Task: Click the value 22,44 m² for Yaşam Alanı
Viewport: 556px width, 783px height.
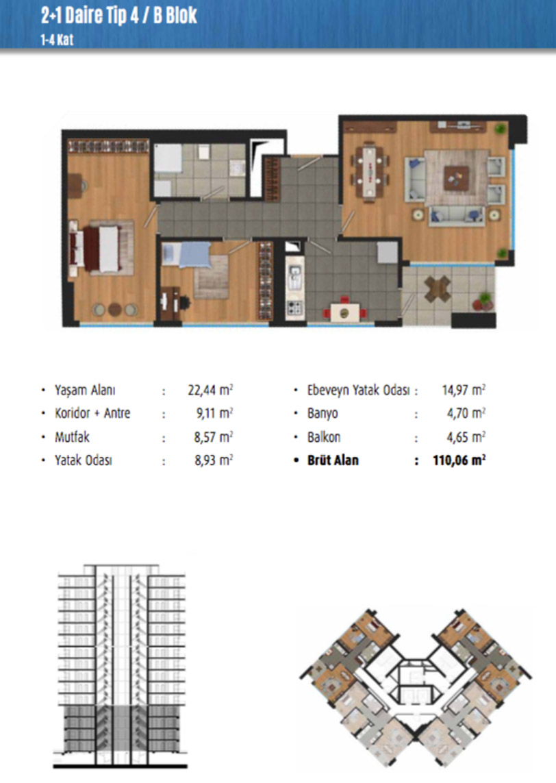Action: (210, 390)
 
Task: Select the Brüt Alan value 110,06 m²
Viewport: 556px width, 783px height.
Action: (459, 460)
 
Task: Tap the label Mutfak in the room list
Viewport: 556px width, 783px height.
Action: (72, 437)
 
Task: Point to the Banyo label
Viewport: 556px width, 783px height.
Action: (323, 413)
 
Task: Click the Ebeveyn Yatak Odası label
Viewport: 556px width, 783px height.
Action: (358, 390)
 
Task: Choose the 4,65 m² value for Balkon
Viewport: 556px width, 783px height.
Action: (466, 437)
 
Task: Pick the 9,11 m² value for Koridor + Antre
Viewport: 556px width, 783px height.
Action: (214, 413)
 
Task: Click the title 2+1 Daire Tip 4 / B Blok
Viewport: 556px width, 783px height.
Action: (118, 15)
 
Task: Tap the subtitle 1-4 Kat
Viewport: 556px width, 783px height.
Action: (57, 40)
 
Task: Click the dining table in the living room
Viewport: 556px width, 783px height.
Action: (370, 172)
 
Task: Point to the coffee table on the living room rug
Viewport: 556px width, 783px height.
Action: (456, 177)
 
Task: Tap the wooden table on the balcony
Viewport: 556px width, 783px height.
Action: (438, 288)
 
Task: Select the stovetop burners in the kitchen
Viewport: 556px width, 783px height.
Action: (294, 307)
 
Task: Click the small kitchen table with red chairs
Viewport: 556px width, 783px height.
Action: (344, 312)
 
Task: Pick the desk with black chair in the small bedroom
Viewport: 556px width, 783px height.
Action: (172, 302)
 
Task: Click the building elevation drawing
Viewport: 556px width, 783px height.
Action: (121, 666)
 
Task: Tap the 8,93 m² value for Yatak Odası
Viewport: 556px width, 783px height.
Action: (214, 460)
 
